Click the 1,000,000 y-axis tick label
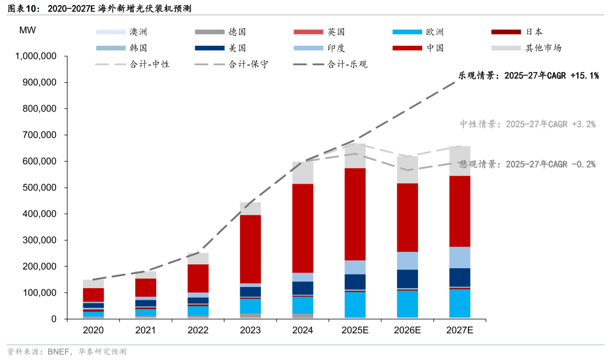36,57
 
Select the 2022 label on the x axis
199,330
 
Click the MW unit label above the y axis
27,30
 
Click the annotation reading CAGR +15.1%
528,75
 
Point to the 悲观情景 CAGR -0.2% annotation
527,164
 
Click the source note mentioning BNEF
67,352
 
